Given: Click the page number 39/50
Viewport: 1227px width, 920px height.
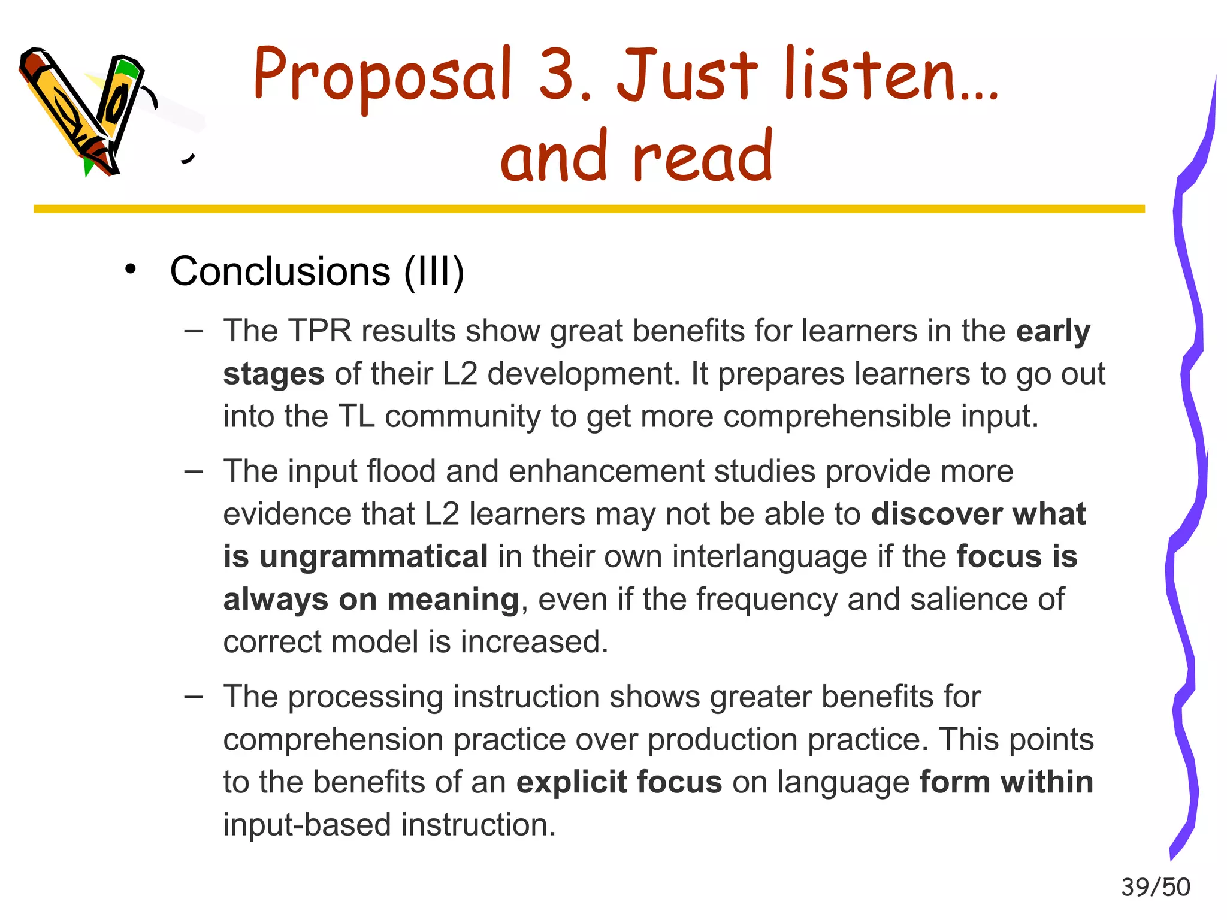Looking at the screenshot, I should point(1155,887).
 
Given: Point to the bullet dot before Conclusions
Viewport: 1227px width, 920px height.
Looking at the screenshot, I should point(131,270).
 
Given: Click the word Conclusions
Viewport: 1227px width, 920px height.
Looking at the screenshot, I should point(280,271).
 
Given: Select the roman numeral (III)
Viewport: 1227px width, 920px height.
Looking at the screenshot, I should point(434,271).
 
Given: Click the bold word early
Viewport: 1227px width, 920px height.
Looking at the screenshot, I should point(1053,331).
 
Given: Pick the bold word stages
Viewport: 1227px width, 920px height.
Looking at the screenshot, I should point(274,374).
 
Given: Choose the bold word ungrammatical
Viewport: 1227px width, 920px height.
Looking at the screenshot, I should point(374,556).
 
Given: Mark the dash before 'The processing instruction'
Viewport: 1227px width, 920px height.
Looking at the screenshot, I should point(193,696).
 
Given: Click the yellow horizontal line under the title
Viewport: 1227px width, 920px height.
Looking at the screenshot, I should point(589,209).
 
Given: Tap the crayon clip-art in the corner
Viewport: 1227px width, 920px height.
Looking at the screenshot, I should point(84,111).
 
